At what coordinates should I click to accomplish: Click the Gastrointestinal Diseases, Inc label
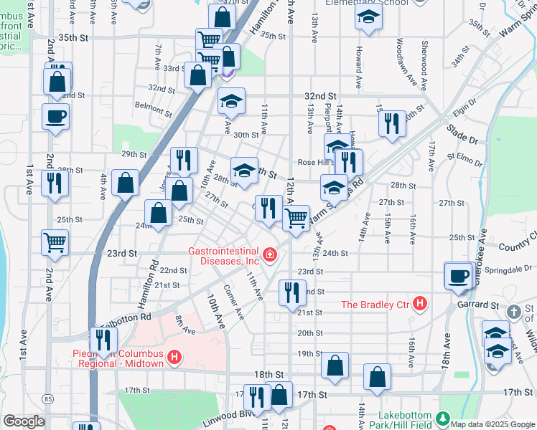pyautogui.click(x=223, y=257)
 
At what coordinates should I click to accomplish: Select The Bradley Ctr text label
pyautogui.click(x=374, y=305)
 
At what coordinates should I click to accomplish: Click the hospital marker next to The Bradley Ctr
pyautogui.click(x=421, y=305)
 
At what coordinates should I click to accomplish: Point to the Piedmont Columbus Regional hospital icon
pyautogui.click(x=173, y=357)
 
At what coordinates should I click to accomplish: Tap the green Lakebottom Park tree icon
pyautogui.click(x=444, y=417)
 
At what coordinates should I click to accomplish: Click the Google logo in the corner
pyautogui.click(x=24, y=421)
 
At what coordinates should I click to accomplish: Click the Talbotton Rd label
pyautogui.click(x=128, y=316)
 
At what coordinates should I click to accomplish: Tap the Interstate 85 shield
pyautogui.click(x=48, y=398)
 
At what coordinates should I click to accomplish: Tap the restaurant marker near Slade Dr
pyautogui.click(x=391, y=124)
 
